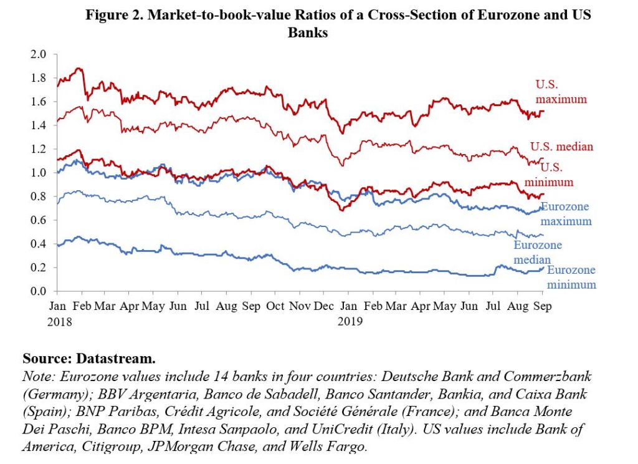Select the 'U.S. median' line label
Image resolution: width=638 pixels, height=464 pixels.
[x=561, y=147]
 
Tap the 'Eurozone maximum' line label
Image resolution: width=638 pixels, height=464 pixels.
[x=566, y=214]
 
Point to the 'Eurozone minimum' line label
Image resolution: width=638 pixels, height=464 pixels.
[x=571, y=277]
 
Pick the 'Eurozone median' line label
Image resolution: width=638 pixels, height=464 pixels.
[x=538, y=252]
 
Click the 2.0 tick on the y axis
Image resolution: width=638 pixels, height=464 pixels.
[x=39, y=54]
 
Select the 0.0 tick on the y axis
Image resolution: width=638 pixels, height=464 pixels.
[x=39, y=291]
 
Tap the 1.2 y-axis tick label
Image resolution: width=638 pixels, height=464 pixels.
[x=39, y=149]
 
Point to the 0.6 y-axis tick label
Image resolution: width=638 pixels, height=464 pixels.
[x=39, y=220]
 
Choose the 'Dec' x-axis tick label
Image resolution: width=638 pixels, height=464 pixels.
[x=323, y=307]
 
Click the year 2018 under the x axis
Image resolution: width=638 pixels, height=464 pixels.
[x=60, y=322]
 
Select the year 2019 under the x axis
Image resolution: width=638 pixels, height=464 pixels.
[x=350, y=322]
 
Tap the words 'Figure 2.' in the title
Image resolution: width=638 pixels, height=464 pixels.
[x=112, y=16]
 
